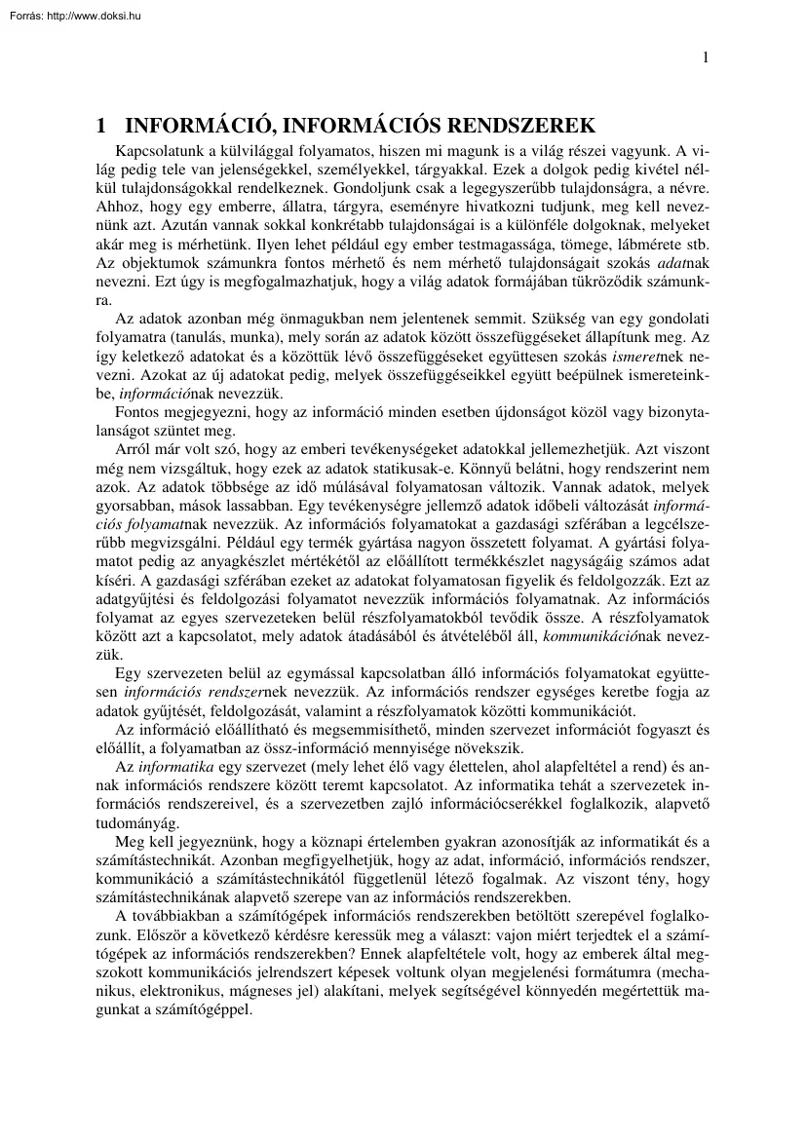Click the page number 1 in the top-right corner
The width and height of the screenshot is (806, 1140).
tap(705, 57)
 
